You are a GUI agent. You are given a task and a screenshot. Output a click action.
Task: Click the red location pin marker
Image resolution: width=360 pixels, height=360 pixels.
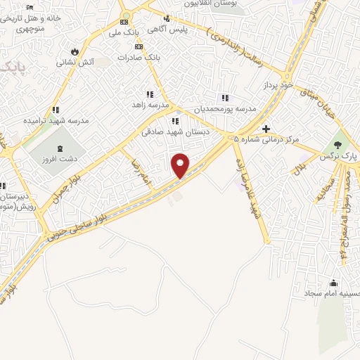[181, 165]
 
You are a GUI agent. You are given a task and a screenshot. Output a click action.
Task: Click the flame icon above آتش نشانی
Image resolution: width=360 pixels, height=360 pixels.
[74, 51]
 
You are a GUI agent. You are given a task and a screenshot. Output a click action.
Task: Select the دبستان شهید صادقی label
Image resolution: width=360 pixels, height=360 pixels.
[167, 131]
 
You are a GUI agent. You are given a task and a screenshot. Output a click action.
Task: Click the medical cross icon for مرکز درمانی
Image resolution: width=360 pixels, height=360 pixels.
[265, 129]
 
